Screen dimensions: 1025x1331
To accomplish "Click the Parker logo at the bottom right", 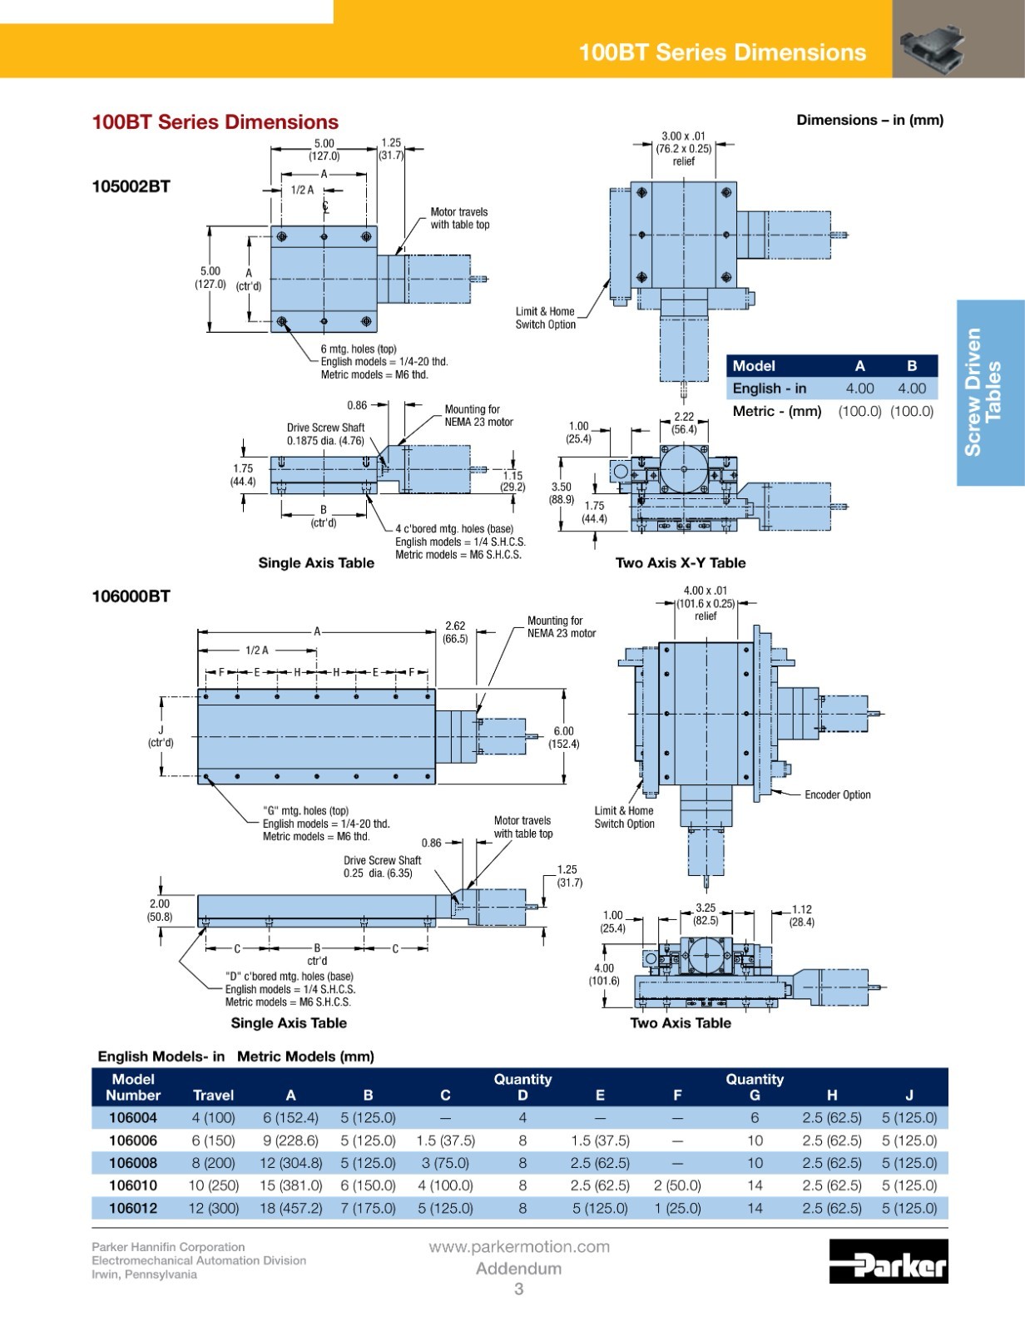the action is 889,1260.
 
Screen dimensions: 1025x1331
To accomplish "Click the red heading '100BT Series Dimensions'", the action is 215,122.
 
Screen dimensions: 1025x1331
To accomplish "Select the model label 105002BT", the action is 131,186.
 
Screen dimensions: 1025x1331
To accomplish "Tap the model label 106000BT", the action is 131,596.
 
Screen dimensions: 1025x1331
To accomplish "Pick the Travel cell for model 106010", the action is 213,1185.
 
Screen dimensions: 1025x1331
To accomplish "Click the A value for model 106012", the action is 291,1208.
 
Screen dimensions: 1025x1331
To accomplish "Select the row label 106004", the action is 133,1117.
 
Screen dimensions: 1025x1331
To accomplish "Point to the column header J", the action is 909,1095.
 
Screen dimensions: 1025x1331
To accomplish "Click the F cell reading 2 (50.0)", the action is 677,1185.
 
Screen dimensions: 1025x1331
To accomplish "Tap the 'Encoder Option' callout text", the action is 837,794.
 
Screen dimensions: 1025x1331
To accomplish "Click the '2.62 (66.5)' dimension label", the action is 455,632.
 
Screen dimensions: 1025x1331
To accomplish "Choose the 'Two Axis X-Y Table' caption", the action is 681,563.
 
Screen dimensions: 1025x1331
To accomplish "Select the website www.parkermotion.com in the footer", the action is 519,1246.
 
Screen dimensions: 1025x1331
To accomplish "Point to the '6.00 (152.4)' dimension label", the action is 564,738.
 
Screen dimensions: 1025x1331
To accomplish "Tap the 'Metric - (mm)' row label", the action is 777,411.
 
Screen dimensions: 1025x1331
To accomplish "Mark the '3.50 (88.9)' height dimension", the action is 562,493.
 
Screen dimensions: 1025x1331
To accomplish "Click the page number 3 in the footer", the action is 518,1289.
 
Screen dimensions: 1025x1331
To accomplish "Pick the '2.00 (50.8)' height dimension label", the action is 159,910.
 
